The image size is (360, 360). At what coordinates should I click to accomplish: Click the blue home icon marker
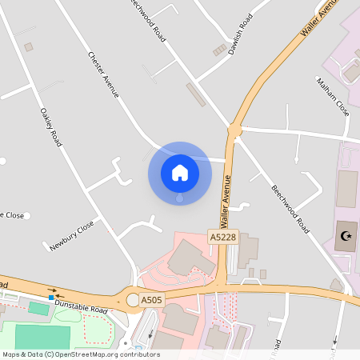point(179,172)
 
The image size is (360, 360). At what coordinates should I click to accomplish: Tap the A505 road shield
point(152,300)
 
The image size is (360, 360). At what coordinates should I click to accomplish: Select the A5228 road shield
point(223,238)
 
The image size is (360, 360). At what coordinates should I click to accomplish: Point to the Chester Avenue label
point(103,75)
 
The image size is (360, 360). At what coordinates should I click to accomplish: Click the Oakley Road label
point(50,127)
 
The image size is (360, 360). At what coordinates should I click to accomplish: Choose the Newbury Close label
point(71,235)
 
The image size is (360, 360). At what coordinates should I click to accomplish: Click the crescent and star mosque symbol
point(346,236)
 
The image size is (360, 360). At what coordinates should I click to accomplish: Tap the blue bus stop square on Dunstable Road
point(51,298)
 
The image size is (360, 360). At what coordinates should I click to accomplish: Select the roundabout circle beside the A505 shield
point(133,300)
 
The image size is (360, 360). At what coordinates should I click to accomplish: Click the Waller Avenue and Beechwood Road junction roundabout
point(234,128)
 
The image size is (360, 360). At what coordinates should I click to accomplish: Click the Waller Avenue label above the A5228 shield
point(227,201)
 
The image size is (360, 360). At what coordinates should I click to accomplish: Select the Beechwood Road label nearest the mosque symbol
point(290,210)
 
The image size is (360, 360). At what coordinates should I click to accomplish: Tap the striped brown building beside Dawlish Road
point(219,50)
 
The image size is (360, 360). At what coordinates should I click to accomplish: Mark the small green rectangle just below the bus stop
point(38,307)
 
